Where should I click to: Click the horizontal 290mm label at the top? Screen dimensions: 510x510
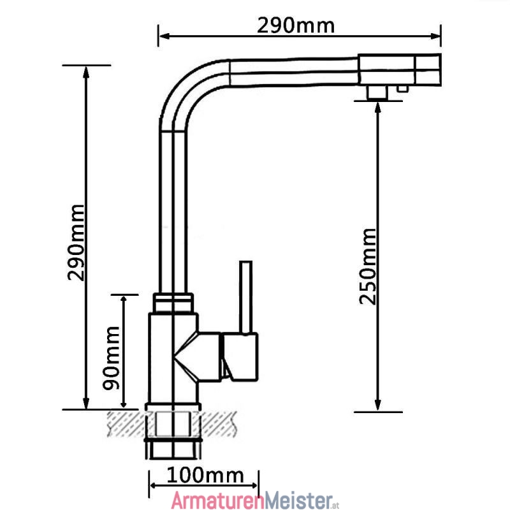(x=295, y=25)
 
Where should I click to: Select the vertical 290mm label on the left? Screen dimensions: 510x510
(x=76, y=243)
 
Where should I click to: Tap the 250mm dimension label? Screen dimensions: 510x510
(x=368, y=266)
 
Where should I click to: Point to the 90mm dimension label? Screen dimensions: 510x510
(x=111, y=358)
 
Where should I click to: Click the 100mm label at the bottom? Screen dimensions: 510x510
(x=205, y=476)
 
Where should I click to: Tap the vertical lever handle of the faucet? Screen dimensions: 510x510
(x=246, y=297)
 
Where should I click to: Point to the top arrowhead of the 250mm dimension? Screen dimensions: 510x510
(x=377, y=107)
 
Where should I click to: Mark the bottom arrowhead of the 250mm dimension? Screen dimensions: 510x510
(x=377, y=405)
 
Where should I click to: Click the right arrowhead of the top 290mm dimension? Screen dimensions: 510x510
(x=435, y=36)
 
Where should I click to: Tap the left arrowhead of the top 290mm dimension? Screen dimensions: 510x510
(x=164, y=36)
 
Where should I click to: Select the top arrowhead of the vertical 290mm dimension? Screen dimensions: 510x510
(x=86, y=72)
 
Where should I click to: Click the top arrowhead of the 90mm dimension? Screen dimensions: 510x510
(x=124, y=300)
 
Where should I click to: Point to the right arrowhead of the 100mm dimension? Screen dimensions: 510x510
(x=254, y=486)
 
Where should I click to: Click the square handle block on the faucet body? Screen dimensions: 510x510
(x=240, y=357)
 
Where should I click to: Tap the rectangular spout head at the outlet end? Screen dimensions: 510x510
(x=400, y=70)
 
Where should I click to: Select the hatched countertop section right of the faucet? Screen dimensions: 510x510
(x=218, y=423)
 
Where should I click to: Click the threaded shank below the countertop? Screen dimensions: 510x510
(x=173, y=449)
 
